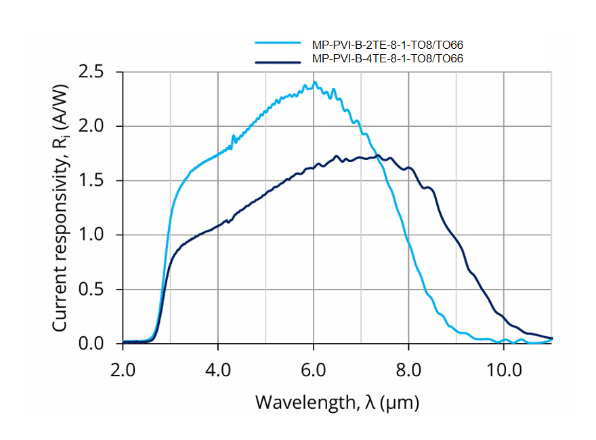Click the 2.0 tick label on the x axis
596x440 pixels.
coord(123,372)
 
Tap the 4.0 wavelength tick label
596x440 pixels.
coord(218,372)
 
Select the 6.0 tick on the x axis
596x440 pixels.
coord(314,372)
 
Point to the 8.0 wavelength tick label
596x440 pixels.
coord(409,372)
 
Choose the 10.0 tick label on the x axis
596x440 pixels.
coord(504,372)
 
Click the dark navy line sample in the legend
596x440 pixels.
coord(277,62)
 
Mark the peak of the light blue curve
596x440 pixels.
coord(315,83)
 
